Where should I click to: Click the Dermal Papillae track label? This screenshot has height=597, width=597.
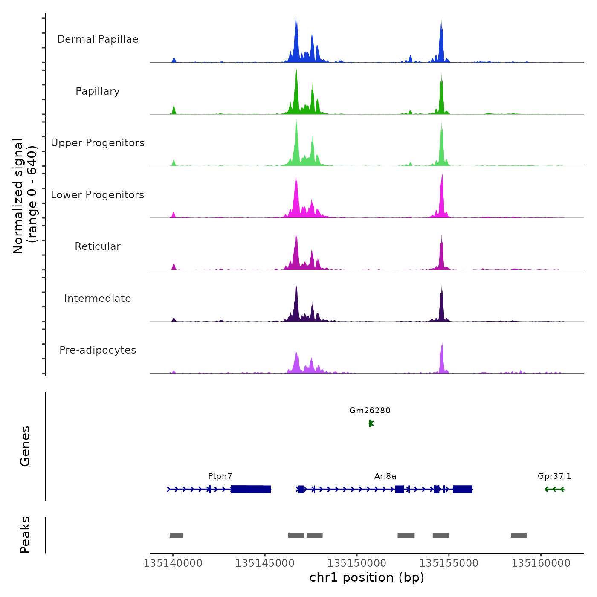(x=98, y=39)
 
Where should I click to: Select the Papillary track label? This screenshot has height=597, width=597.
(x=98, y=91)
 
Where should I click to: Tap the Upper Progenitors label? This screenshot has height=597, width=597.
(x=98, y=143)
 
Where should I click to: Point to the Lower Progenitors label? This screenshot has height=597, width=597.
(x=98, y=195)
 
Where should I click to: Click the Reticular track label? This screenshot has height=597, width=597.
(x=98, y=246)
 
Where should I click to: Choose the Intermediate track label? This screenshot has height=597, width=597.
(x=98, y=298)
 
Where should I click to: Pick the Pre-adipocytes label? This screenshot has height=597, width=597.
(x=98, y=350)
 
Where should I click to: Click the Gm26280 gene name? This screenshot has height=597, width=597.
(x=370, y=411)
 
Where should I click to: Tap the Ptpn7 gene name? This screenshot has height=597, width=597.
(x=220, y=476)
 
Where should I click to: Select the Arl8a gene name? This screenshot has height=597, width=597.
(x=385, y=476)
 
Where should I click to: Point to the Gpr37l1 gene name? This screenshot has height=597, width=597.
(x=554, y=476)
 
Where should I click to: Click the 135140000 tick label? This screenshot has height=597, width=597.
(x=173, y=563)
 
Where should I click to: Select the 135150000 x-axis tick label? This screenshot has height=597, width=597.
(x=357, y=563)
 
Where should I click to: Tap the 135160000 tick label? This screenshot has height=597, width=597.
(x=541, y=563)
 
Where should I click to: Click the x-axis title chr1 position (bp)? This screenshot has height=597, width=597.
(x=367, y=577)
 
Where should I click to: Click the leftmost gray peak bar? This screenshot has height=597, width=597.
(x=176, y=535)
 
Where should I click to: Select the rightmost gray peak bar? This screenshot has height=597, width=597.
(x=519, y=535)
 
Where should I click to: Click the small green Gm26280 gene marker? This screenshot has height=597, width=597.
(x=371, y=423)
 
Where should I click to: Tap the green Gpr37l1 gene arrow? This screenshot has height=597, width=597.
(x=554, y=489)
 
